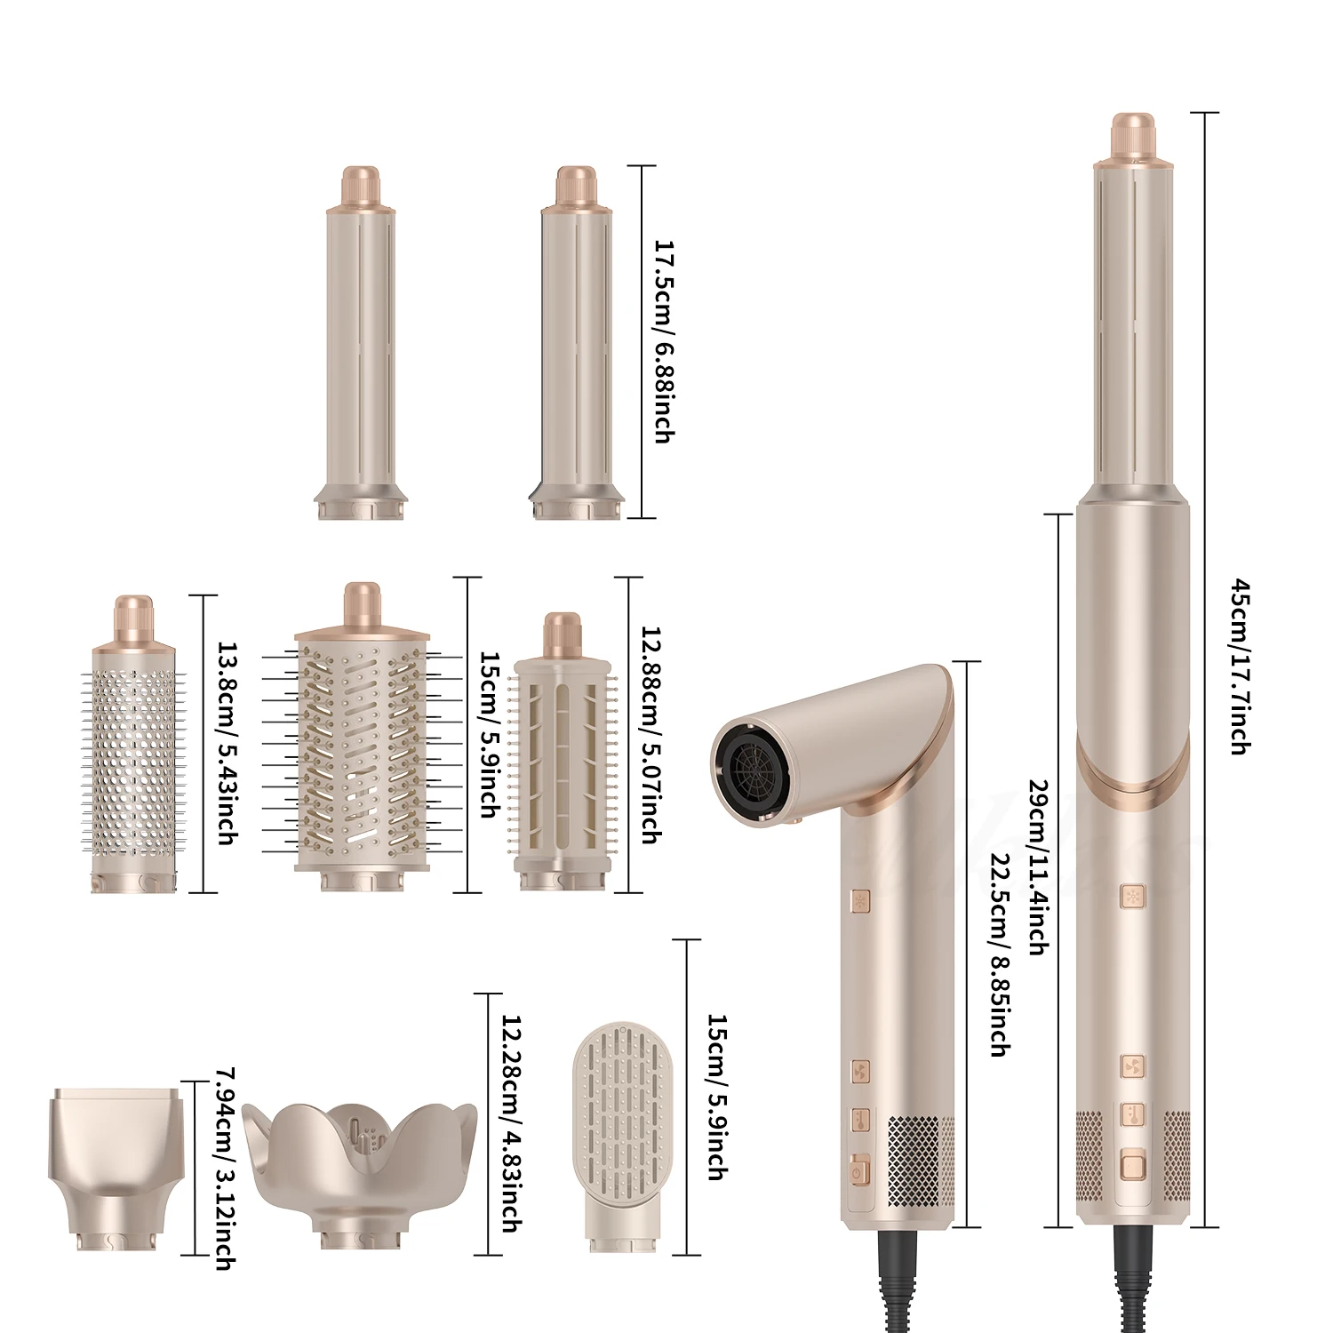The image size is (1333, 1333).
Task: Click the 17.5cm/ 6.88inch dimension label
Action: click(662, 341)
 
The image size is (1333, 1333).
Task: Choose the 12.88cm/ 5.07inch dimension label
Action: click(650, 734)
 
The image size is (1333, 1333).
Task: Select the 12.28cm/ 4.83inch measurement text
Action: click(509, 1123)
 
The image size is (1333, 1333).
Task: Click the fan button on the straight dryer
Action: click(1132, 1066)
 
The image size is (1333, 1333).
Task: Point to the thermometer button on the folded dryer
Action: click(858, 1120)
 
